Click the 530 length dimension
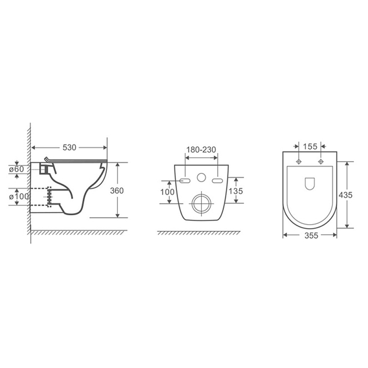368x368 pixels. (x=69, y=147)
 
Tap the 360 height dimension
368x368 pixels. (x=117, y=190)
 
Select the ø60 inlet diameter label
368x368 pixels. (x=17, y=169)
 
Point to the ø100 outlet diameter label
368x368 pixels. (x=19, y=196)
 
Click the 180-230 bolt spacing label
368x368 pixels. (x=201, y=149)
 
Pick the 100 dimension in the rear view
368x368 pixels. (x=167, y=192)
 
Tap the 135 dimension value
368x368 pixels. (x=236, y=191)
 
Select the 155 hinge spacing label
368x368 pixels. (x=310, y=146)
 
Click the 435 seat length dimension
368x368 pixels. (x=345, y=195)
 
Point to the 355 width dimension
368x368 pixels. (x=311, y=236)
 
